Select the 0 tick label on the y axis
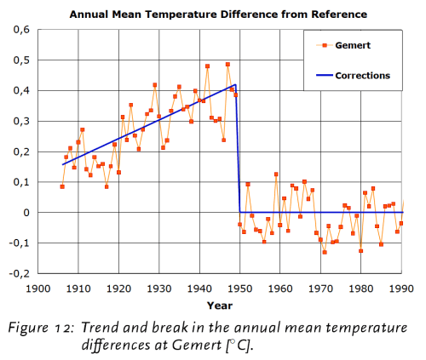tap(25, 212)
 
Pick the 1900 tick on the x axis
tap(37, 289)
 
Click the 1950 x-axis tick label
tap(240, 289)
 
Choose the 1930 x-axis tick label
tap(159, 289)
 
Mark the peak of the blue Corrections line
tap(236, 84)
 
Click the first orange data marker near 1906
tap(62, 186)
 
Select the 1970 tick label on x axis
tap(321, 289)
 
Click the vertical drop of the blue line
tap(239, 149)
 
